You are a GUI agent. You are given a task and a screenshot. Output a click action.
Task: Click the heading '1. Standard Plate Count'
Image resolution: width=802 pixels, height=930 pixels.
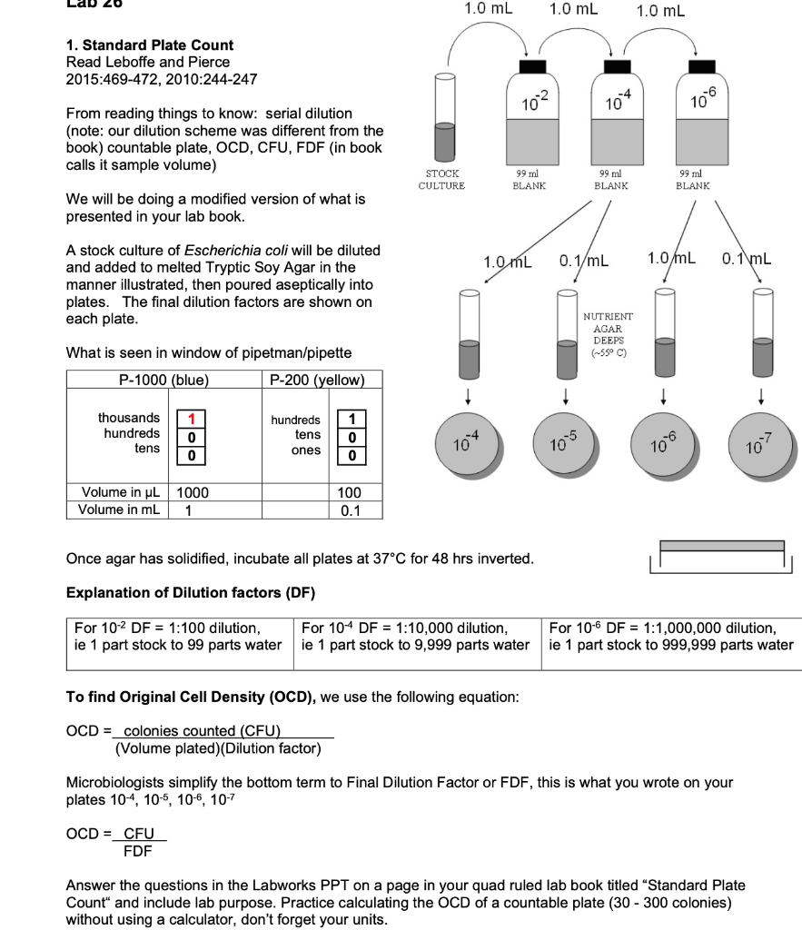(x=150, y=45)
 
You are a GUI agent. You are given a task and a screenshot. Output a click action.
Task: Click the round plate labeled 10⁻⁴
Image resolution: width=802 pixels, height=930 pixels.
(x=468, y=443)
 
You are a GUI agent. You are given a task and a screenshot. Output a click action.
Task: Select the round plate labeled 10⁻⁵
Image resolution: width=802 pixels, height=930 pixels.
(x=563, y=443)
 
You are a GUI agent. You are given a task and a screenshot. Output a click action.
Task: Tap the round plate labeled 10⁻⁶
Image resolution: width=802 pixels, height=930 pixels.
(x=664, y=443)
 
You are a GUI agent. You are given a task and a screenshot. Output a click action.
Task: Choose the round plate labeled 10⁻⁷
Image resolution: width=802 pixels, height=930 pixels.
(x=760, y=443)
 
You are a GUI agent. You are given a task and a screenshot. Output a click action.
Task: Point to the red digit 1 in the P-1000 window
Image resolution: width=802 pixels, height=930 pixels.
(x=192, y=419)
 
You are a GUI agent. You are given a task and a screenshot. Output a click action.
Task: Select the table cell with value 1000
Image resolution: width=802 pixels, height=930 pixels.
(x=193, y=492)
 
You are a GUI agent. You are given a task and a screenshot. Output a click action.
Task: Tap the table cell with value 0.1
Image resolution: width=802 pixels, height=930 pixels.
(x=350, y=510)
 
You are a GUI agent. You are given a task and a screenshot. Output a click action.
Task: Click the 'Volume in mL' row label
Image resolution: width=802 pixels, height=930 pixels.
(x=120, y=510)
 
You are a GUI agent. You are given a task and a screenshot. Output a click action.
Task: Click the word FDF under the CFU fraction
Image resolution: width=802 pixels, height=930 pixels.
(x=138, y=851)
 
